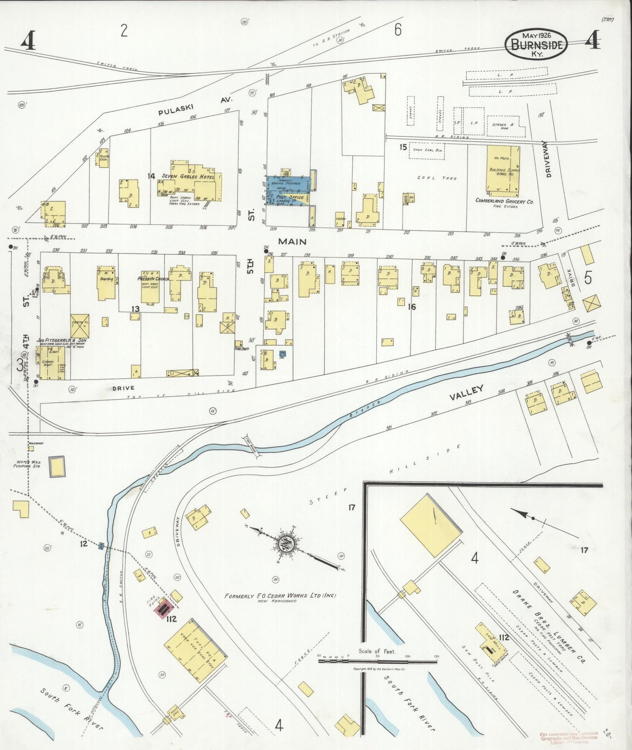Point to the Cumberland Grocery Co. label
click(504, 201)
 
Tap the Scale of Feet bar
click(377, 661)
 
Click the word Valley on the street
click(467, 393)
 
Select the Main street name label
click(292, 241)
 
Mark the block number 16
click(411, 307)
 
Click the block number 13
click(136, 309)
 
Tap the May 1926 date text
click(536, 35)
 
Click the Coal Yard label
click(443, 178)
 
